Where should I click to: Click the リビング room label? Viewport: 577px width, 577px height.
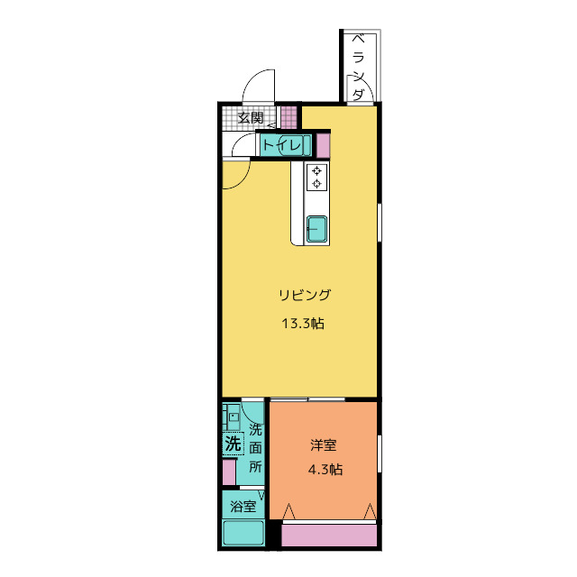point(305,295)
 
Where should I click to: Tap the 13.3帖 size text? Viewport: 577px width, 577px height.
point(303,324)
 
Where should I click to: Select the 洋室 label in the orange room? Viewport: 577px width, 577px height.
point(324,445)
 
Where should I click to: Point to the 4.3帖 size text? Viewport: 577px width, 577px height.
point(325,470)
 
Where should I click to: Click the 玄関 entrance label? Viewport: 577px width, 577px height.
point(251,118)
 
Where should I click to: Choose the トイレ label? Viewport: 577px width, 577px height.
point(282,145)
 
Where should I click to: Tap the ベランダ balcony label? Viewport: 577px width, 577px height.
point(358,68)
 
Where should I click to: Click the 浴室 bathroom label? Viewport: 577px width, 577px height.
point(243,507)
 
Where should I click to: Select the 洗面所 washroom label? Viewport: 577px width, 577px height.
point(255,448)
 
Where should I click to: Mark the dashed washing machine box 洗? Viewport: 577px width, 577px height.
point(233,444)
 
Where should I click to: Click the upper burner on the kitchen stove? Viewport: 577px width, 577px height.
point(316,170)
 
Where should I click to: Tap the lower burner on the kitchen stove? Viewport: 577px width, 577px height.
point(316,183)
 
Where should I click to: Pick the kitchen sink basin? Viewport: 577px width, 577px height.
point(316,229)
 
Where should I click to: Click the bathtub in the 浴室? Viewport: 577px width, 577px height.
point(243,533)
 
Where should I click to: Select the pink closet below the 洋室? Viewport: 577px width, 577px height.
point(329,536)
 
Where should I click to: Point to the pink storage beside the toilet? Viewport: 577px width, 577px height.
point(323,145)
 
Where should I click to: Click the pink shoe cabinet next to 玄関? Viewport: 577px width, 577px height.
point(288,117)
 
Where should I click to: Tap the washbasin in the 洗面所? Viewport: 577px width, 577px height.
point(232,417)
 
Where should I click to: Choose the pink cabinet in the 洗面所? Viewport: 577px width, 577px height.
point(229,472)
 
